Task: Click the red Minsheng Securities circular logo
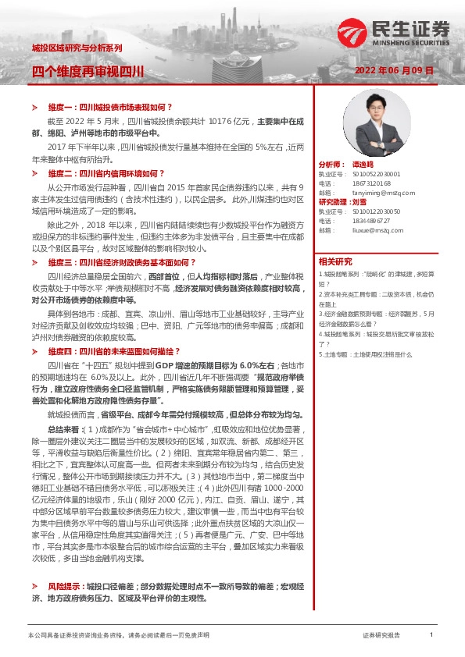point(350,31)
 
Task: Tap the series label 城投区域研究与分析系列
point(77,48)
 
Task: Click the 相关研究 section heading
point(336,261)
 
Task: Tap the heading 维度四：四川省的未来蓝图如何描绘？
point(116,352)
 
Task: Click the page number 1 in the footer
point(431,636)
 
